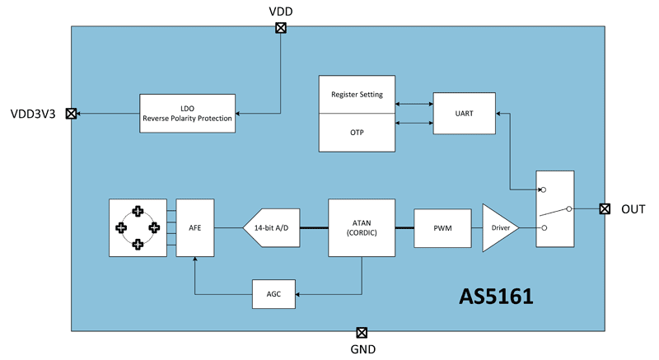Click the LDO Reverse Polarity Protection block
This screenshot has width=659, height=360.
coord(187,113)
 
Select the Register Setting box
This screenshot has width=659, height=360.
coord(358,96)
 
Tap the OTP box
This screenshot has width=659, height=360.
coord(358,133)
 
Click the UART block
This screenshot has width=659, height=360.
coord(465,113)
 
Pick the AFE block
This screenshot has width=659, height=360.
coord(194,227)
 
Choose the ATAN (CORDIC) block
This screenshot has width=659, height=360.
coord(361,227)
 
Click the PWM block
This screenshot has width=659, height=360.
coord(442,227)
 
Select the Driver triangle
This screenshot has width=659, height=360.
coord(499,227)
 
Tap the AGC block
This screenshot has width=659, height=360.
coord(272,293)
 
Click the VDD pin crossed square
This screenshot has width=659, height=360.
coord(281,27)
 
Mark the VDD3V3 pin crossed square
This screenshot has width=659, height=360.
coord(71,115)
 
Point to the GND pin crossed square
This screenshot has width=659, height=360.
coord(361,332)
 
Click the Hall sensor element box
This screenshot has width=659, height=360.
coord(138,227)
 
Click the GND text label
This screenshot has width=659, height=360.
coord(362,349)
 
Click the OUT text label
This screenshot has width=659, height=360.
coord(633,209)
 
